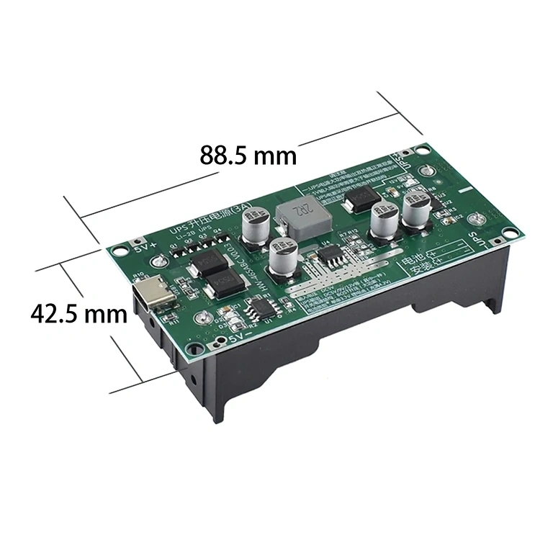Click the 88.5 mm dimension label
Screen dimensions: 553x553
click(x=248, y=155)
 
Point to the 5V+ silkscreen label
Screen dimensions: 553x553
click(x=145, y=248)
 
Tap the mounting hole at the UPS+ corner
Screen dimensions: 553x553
click(x=425, y=152)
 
